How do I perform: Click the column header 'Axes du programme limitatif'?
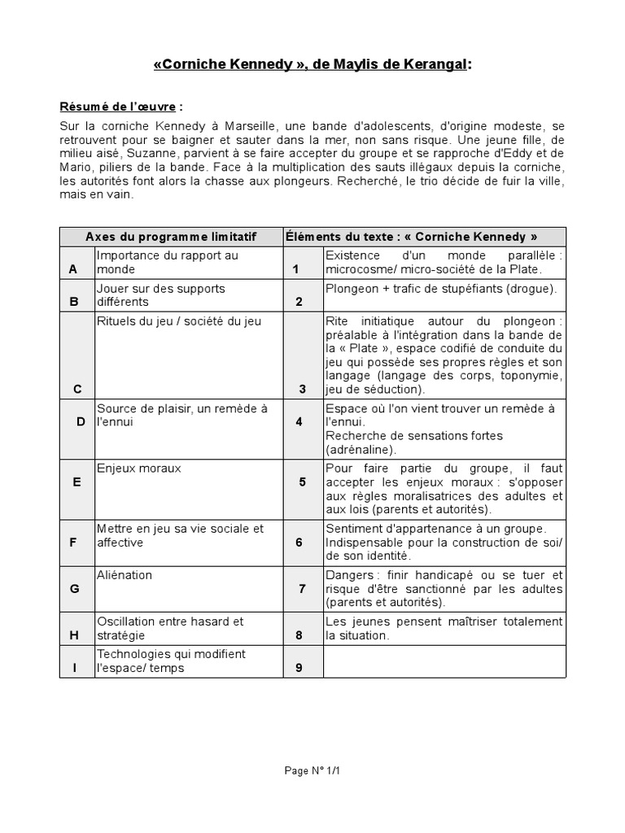click(171, 237)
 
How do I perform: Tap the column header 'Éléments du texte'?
click(410, 237)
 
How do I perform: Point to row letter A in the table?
click(74, 269)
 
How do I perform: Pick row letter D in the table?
click(81, 421)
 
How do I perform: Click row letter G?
click(74, 588)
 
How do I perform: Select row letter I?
click(75, 668)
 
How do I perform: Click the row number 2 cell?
click(299, 302)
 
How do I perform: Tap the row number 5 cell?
click(302, 482)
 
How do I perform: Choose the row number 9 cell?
click(299, 668)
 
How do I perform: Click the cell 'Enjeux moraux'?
click(138, 469)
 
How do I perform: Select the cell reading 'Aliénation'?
click(125, 575)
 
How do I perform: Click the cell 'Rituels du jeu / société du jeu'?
click(179, 321)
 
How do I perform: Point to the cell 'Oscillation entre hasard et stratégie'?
click(170, 628)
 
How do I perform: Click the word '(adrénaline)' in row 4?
click(361, 449)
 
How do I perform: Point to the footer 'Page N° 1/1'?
click(312, 770)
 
